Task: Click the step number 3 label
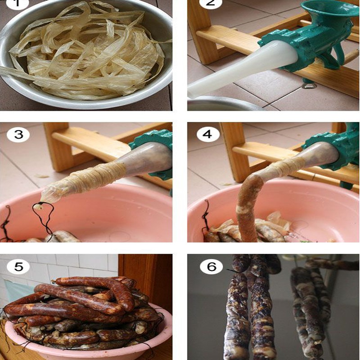coord(18,135)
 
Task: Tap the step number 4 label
coord(207,134)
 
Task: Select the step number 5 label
coord(18,266)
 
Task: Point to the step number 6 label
coord(211,266)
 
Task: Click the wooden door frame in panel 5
coord(147,287)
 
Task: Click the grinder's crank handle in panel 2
coord(351,57)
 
